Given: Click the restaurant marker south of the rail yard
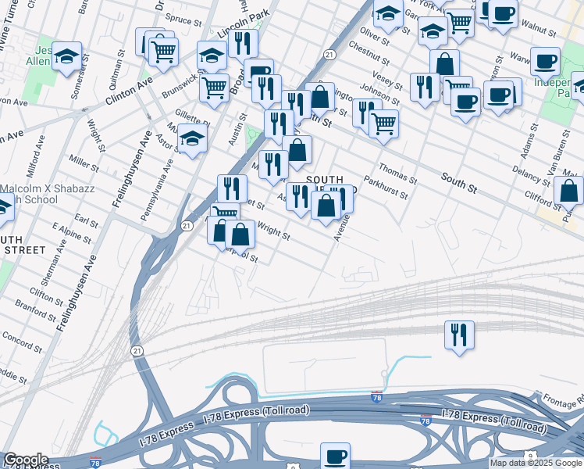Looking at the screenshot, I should click(459, 335).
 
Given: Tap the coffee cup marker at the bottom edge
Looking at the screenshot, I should click(336, 456).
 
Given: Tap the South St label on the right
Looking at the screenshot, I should click(458, 184).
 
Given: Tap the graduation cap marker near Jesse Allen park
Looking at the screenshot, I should click(68, 56).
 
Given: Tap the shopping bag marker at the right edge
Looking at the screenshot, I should click(569, 190).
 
